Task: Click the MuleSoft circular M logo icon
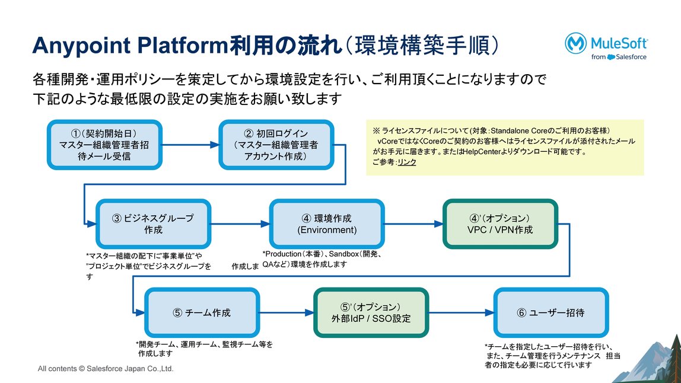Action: pyautogui.click(x=576, y=43)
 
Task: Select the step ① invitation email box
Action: pyautogui.click(x=104, y=145)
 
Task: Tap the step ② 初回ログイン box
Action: pyautogui.click(x=276, y=145)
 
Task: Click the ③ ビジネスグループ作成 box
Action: pyautogui.click(x=153, y=224)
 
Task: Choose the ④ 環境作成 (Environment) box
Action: pyautogui.click(x=327, y=224)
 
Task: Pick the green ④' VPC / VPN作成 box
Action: pyautogui.click(x=500, y=224)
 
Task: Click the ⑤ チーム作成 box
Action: pyautogui.click(x=202, y=312)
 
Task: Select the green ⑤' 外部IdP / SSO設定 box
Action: pyautogui.click(x=371, y=312)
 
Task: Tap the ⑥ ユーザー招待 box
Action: pyautogui.click(x=551, y=312)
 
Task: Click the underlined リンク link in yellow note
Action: pyautogui.click(x=407, y=162)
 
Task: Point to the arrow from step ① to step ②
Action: pyautogui.click(x=190, y=145)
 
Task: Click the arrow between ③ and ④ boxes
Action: pyautogui.click(x=240, y=224)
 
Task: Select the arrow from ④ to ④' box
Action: pyautogui.click(x=414, y=224)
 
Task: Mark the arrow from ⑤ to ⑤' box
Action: pyautogui.click(x=287, y=312)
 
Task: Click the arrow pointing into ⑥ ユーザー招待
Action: pyautogui.click(x=462, y=312)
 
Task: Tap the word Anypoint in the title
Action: pyautogui.click(x=81, y=46)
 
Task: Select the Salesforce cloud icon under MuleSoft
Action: pyautogui.click(x=611, y=57)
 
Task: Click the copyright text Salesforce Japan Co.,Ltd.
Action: pyautogui.click(x=130, y=369)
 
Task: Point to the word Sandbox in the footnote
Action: pyautogui.click(x=344, y=254)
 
